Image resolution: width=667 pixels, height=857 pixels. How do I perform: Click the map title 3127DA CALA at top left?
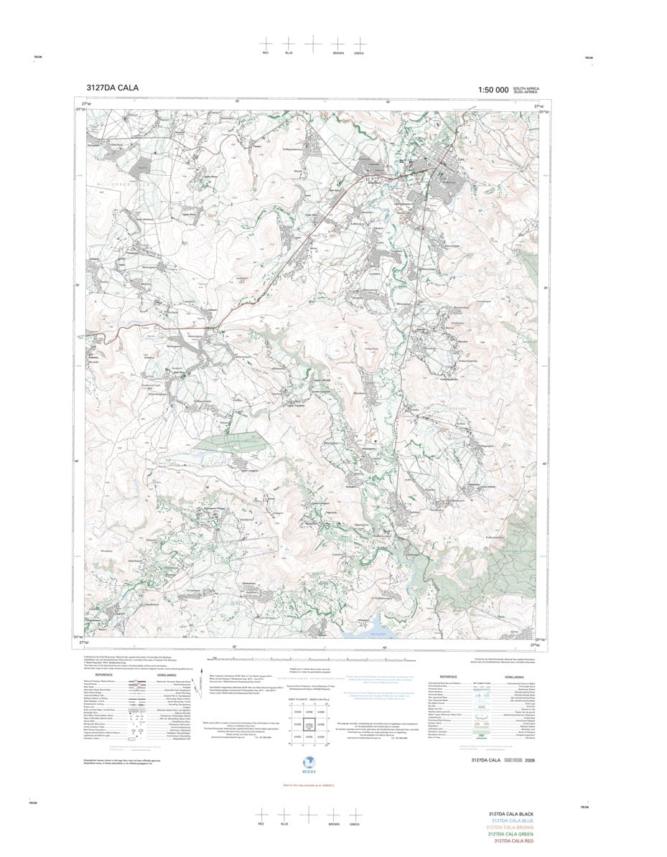[111, 88]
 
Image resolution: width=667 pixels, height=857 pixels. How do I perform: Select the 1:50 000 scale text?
[493, 90]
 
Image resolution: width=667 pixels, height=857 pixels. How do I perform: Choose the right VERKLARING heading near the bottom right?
[514, 677]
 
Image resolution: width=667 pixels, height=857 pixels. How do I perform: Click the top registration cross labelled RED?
[265, 44]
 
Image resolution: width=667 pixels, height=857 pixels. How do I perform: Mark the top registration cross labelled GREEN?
[360, 44]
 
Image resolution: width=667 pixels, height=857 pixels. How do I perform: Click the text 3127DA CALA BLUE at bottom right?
[512, 820]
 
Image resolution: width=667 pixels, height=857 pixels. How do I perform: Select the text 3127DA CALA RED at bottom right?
[510, 840]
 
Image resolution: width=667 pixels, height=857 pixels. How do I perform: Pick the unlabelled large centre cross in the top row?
[313, 43]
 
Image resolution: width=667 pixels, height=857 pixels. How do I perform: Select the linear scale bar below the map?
[309, 658]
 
